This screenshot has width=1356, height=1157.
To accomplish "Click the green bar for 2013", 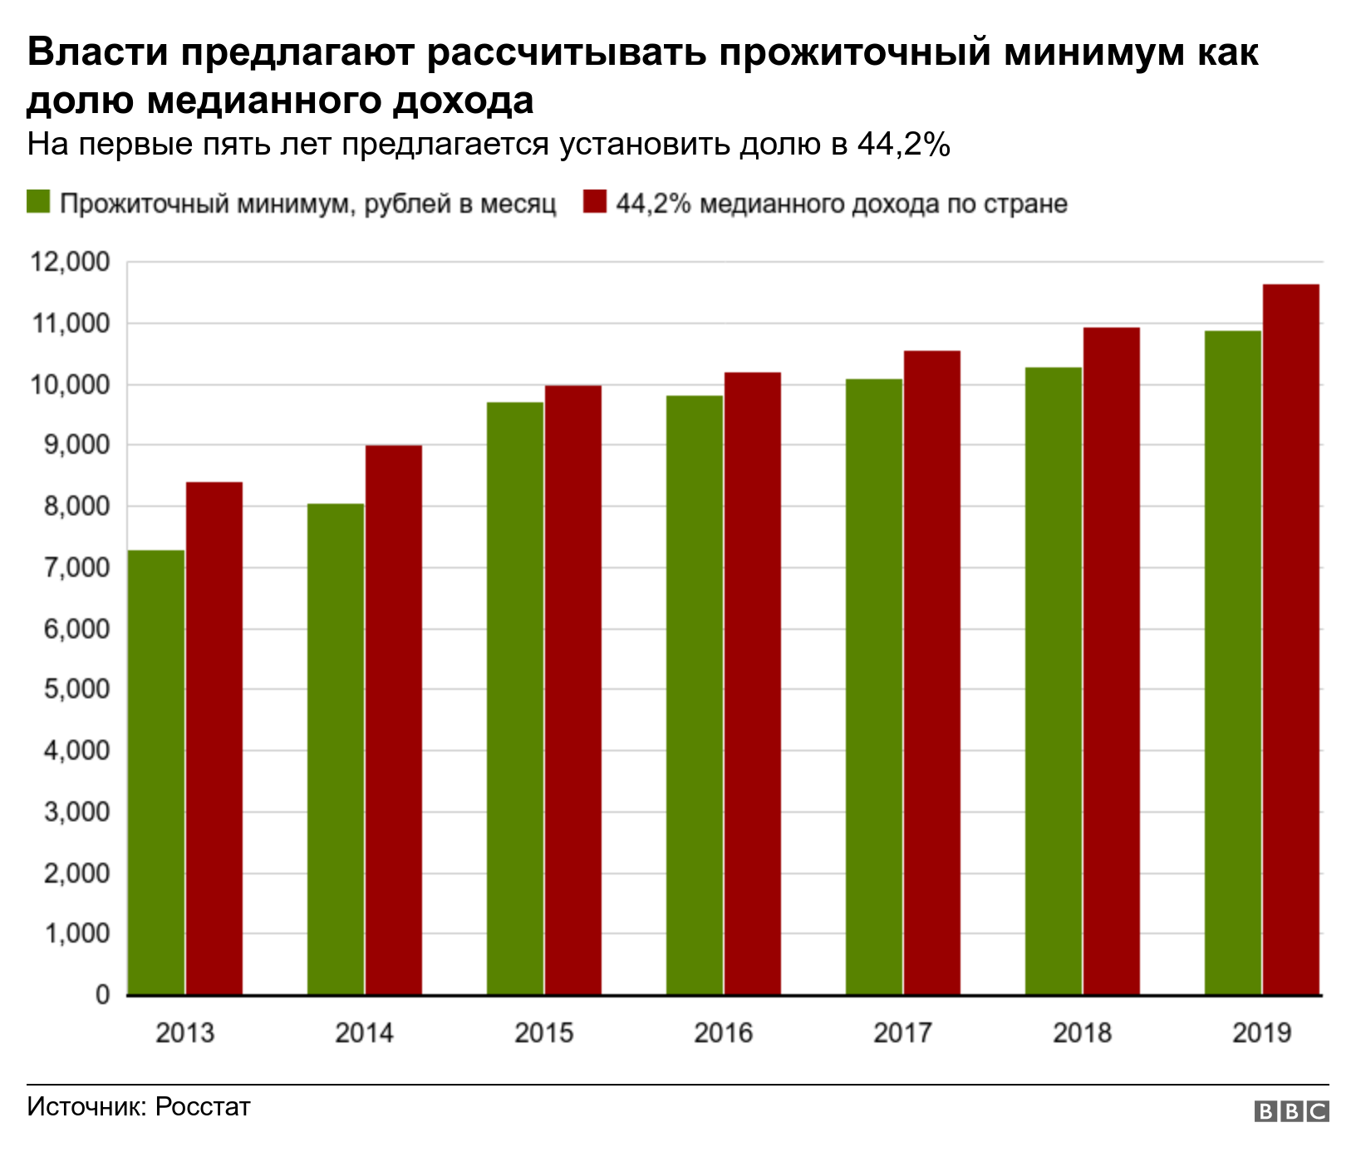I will tap(156, 773).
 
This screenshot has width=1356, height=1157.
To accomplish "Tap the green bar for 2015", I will tap(515, 698).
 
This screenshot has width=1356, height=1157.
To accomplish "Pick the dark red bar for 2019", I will tap(1291, 640).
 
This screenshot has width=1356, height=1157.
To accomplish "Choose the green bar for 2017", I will tap(874, 687).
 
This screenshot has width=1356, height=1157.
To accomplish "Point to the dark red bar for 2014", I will tap(394, 720).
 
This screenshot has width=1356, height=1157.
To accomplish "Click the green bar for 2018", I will tap(1054, 682).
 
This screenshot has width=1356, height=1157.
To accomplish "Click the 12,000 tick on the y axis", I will tap(70, 263).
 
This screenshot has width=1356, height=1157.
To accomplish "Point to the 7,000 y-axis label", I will tap(70, 569).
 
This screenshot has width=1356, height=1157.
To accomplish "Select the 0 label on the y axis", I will tap(102, 995).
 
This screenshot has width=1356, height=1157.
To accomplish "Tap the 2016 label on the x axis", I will tap(723, 1033).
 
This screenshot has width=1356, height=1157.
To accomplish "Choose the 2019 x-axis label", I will tap(1261, 1033).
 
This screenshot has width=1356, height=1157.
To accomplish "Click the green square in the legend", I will tap(39, 202).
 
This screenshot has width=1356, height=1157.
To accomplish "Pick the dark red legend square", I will tap(595, 202).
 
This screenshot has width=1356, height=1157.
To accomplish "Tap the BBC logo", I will tap(1291, 1111).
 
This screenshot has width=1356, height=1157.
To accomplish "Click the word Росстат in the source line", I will tap(203, 1107).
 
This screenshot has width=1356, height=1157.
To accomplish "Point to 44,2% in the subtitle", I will tap(903, 145).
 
